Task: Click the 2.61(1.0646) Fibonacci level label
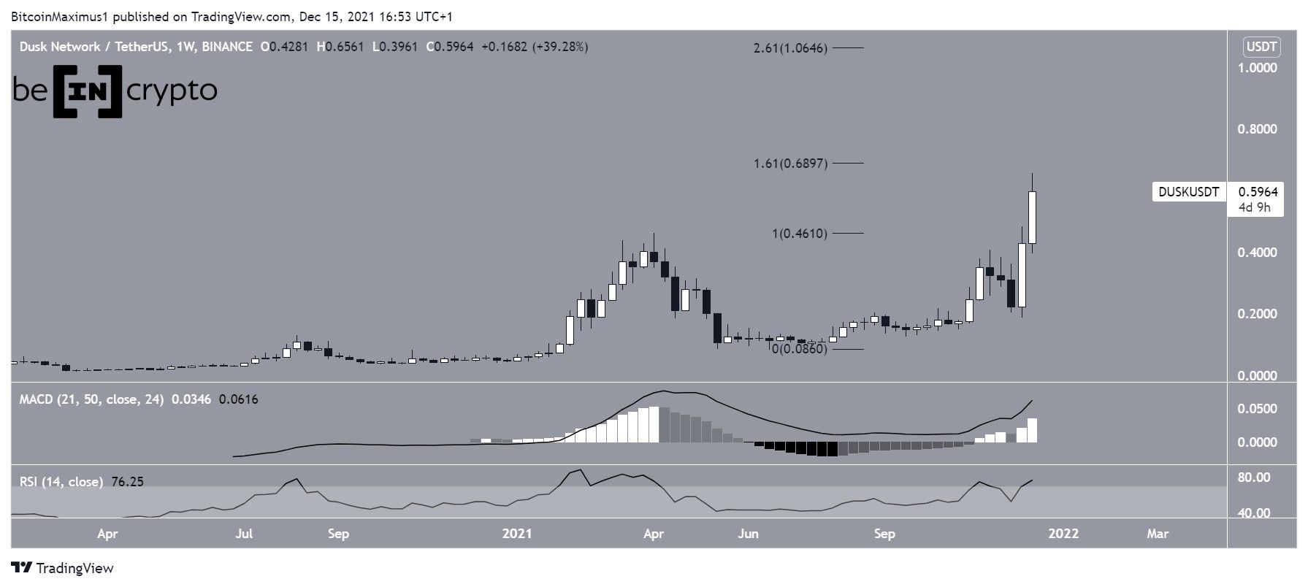[x=790, y=49]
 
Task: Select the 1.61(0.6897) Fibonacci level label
[x=790, y=164]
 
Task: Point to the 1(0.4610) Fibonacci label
[x=800, y=234]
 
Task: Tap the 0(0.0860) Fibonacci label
[x=800, y=349]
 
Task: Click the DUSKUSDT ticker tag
[x=1188, y=193]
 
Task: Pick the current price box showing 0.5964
[x=1258, y=193]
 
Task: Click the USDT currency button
[x=1261, y=47]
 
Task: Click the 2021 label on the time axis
[x=517, y=534]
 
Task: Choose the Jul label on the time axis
[x=244, y=534]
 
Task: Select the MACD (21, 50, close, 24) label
[x=91, y=399]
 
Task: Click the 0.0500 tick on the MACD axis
[x=1256, y=409]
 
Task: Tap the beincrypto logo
[x=115, y=91]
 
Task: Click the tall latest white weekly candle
[x=1033, y=218]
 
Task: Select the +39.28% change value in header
[x=561, y=47]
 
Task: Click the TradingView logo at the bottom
[x=63, y=568]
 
